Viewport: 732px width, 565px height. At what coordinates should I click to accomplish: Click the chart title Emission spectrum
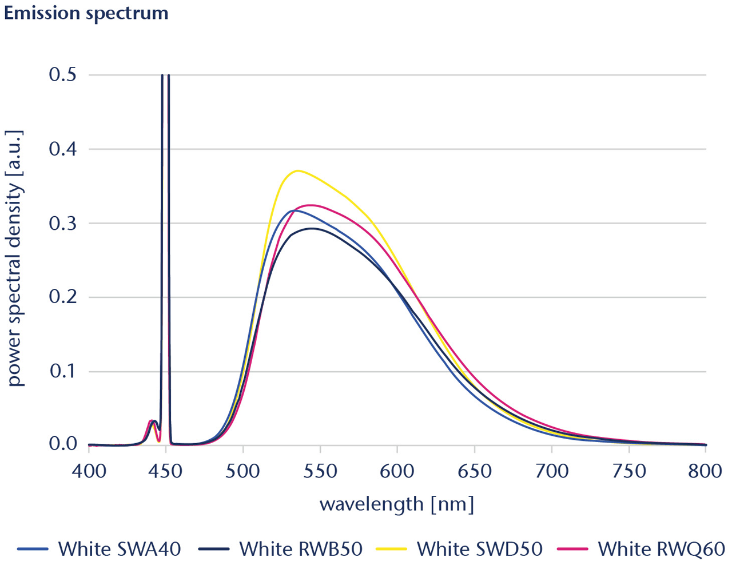[86, 13]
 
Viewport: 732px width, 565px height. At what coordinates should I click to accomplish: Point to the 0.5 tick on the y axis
[63, 75]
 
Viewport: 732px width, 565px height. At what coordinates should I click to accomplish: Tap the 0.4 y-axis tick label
[63, 149]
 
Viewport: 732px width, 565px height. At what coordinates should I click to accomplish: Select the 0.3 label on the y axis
[63, 224]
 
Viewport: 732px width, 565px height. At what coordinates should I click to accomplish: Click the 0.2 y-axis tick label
[63, 297]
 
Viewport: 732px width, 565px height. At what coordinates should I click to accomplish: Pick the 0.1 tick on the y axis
[63, 372]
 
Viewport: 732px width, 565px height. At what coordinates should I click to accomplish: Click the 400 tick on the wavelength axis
[89, 471]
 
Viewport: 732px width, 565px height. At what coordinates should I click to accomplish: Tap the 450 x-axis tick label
[166, 471]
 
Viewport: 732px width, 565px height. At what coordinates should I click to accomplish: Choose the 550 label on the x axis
[320, 471]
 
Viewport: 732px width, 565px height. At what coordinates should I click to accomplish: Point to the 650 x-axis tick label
[475, 471]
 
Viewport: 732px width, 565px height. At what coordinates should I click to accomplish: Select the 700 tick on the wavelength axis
[552, 471]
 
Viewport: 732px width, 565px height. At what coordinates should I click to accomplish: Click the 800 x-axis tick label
[705, 471]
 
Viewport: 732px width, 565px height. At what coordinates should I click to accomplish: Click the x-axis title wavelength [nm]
[397, 504]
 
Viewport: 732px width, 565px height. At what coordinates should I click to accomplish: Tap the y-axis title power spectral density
[15, 258]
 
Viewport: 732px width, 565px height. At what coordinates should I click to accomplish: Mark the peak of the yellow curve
[297, 170]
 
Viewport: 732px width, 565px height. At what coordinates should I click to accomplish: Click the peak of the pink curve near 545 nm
[311, 205]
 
